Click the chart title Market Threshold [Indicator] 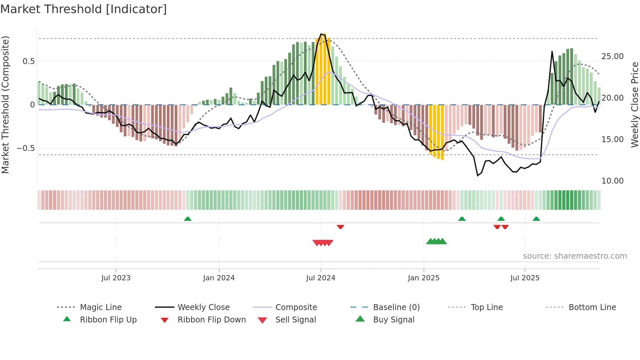(x=84, y=9)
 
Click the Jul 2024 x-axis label (x=321, y=278)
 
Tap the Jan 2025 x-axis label (x=424, y=278)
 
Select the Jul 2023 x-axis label (x=116, y=278)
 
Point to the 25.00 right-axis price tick (x=612, y=56)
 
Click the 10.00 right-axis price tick (x=612, y=181)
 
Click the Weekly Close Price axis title (x=634, y=105)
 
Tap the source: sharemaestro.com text (x=575, y=256)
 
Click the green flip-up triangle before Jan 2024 (x=188, y=219)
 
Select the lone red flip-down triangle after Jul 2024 (x=340, y=227)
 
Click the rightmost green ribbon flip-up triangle (x=536, y=219)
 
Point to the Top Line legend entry (x=487, y=307)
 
